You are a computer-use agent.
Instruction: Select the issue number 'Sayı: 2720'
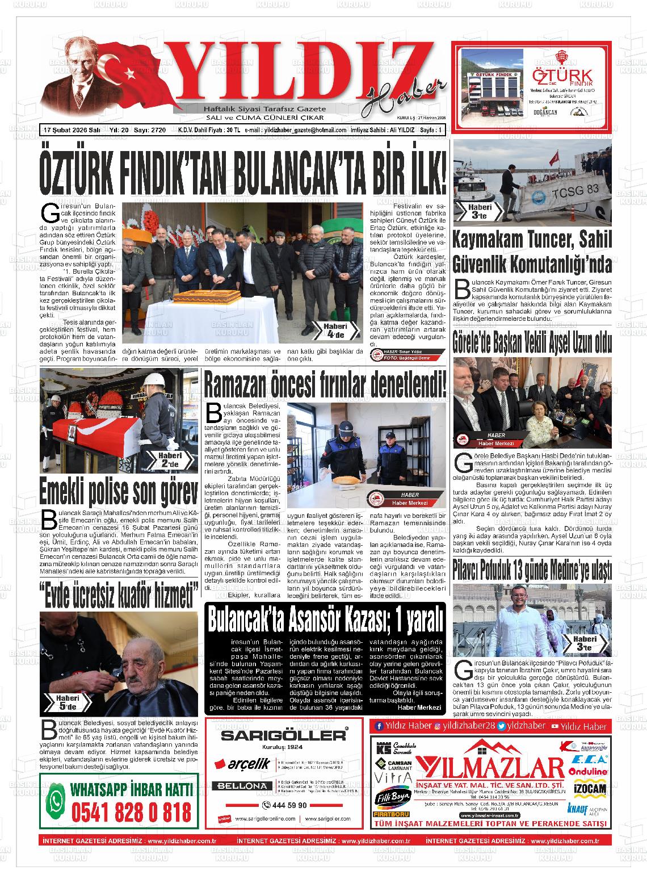coord(150,130)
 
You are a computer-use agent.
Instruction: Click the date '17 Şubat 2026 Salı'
coord(72,130)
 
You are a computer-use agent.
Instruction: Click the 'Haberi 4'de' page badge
coord(336,330)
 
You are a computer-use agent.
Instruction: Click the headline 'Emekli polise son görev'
coord(119,492)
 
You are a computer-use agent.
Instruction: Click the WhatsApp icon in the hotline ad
coord(55,802)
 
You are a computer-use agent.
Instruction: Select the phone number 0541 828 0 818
coord(132,813)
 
